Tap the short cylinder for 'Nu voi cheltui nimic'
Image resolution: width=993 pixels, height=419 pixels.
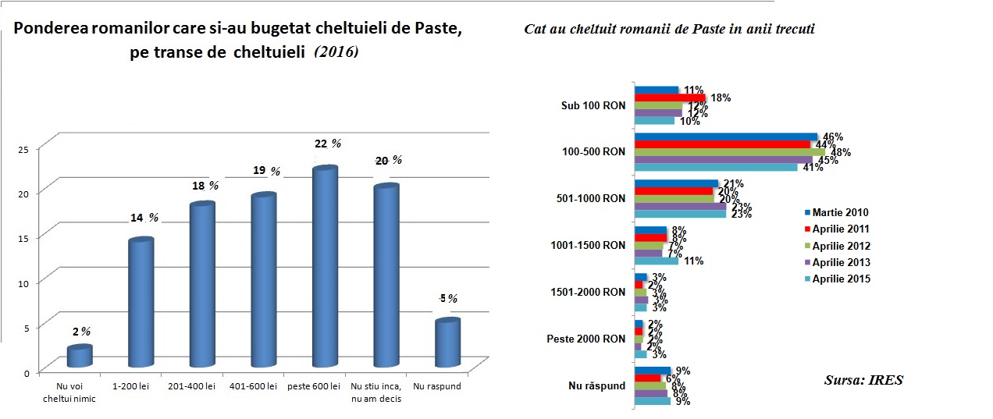80,357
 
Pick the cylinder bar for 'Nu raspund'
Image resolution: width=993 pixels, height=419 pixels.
447,343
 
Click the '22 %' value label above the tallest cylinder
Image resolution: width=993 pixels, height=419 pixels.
327,144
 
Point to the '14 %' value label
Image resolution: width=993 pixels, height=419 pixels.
142,218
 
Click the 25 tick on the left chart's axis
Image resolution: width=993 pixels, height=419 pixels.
23,149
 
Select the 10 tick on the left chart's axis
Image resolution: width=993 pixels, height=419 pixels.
23,283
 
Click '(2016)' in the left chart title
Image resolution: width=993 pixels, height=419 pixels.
336,51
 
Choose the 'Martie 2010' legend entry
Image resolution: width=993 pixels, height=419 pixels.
835,212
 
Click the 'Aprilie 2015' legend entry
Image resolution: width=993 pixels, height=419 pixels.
835,279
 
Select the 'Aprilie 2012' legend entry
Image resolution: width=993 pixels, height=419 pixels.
835,246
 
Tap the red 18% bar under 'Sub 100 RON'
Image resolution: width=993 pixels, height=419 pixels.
670,98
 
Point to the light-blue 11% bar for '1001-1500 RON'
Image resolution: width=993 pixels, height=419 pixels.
656,261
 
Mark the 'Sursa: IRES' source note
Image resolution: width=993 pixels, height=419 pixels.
863,380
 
